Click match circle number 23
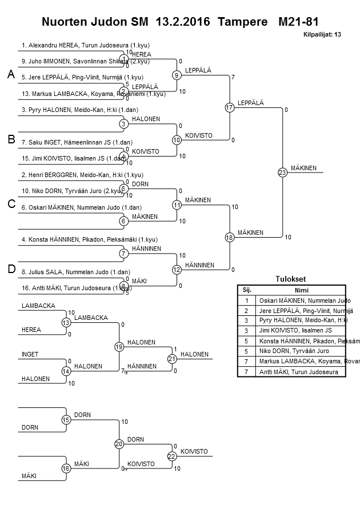coord(282,172)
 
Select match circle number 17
coord(230,107)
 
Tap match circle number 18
coord(230,237)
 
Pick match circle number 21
coord(172,359)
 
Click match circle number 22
coord(172,456)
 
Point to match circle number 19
coord(119,347)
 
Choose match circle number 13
coord(66,323)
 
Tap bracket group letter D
coord(11,269)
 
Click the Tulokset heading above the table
coord(291,279)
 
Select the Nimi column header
coord(301,290)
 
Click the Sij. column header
coord(247,290)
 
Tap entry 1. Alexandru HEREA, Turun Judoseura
coord(86,45)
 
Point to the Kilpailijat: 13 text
coord(322,35)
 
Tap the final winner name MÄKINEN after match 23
coord(303,168)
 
